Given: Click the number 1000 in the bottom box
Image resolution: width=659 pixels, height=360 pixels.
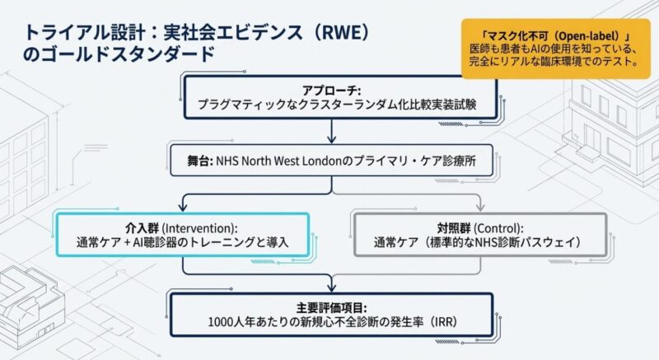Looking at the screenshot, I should pos(229,320).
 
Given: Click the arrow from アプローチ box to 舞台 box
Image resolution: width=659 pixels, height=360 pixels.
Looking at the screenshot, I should pos(332,132).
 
